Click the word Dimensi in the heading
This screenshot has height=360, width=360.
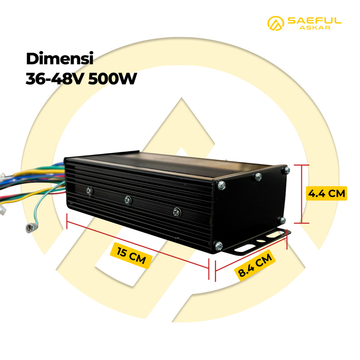(59, 59)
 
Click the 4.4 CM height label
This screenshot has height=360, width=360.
(326, 193)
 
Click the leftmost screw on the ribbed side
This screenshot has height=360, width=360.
(89, 190)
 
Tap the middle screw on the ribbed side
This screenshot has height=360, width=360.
(128, 200)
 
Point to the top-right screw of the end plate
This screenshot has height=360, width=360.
(287, 171)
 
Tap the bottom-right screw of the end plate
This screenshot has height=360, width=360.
(283, 220)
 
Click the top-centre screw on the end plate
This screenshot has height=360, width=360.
(258, 176)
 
